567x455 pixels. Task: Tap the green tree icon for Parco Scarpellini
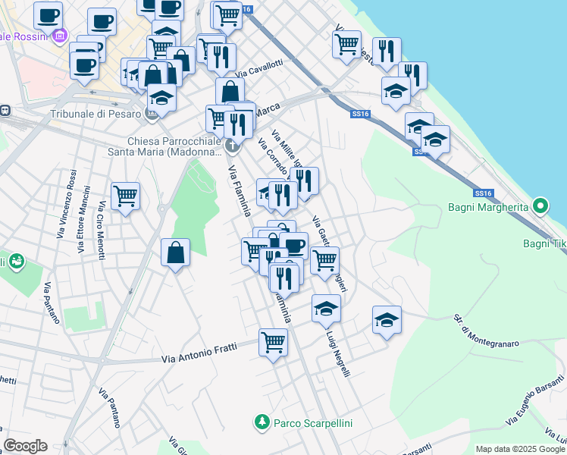click(x=262, y=422)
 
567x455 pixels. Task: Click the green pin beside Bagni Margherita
click(x=540, y=206)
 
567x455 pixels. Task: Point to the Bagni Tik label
click(x=544, y=243)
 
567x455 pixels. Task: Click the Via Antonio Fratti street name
click(x=199, y=353)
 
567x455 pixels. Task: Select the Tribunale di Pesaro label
click(x=95, y=114)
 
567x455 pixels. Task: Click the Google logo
click(x=26, y=446)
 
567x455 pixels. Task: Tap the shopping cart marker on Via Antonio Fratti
click(x=273, y=341)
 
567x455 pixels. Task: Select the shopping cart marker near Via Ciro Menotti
click(x=125, y=195)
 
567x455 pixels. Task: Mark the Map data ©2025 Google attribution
click(x=520, y=449)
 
